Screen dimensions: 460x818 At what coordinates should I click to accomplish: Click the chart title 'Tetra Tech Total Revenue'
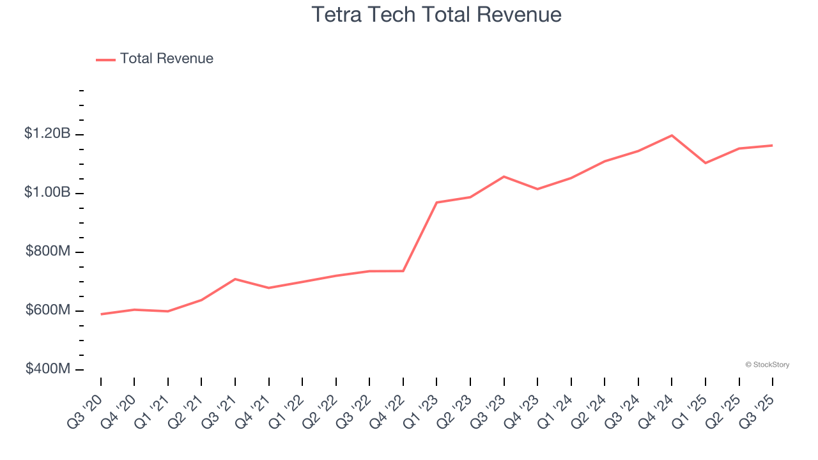point(436,15)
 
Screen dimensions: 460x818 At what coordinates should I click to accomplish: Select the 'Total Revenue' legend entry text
point(166,59)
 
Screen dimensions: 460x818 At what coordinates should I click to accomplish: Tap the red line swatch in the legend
point(105,59)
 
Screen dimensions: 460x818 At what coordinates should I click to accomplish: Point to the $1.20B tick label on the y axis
point(47,134)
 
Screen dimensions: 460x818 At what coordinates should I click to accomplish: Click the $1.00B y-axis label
point(47,193)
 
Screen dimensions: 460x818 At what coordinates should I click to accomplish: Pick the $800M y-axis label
point(48,252)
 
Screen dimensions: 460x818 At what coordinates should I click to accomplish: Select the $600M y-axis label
point(48,310)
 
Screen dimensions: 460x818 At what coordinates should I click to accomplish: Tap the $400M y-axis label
point(48,369)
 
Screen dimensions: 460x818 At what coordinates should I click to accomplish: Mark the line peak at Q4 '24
point(672,135)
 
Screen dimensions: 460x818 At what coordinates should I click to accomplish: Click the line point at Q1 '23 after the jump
point(436,203)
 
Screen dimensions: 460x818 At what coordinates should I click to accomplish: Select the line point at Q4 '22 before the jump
point(403,271)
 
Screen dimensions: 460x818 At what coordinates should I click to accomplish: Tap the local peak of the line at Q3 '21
point(235,279)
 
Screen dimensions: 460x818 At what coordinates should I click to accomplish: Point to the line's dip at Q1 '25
point(706,163)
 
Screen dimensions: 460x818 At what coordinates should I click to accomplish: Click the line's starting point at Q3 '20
point(101,314)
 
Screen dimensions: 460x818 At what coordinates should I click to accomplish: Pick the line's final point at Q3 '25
point(772,146)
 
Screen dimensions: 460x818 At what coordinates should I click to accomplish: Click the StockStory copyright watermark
point(767,365)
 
